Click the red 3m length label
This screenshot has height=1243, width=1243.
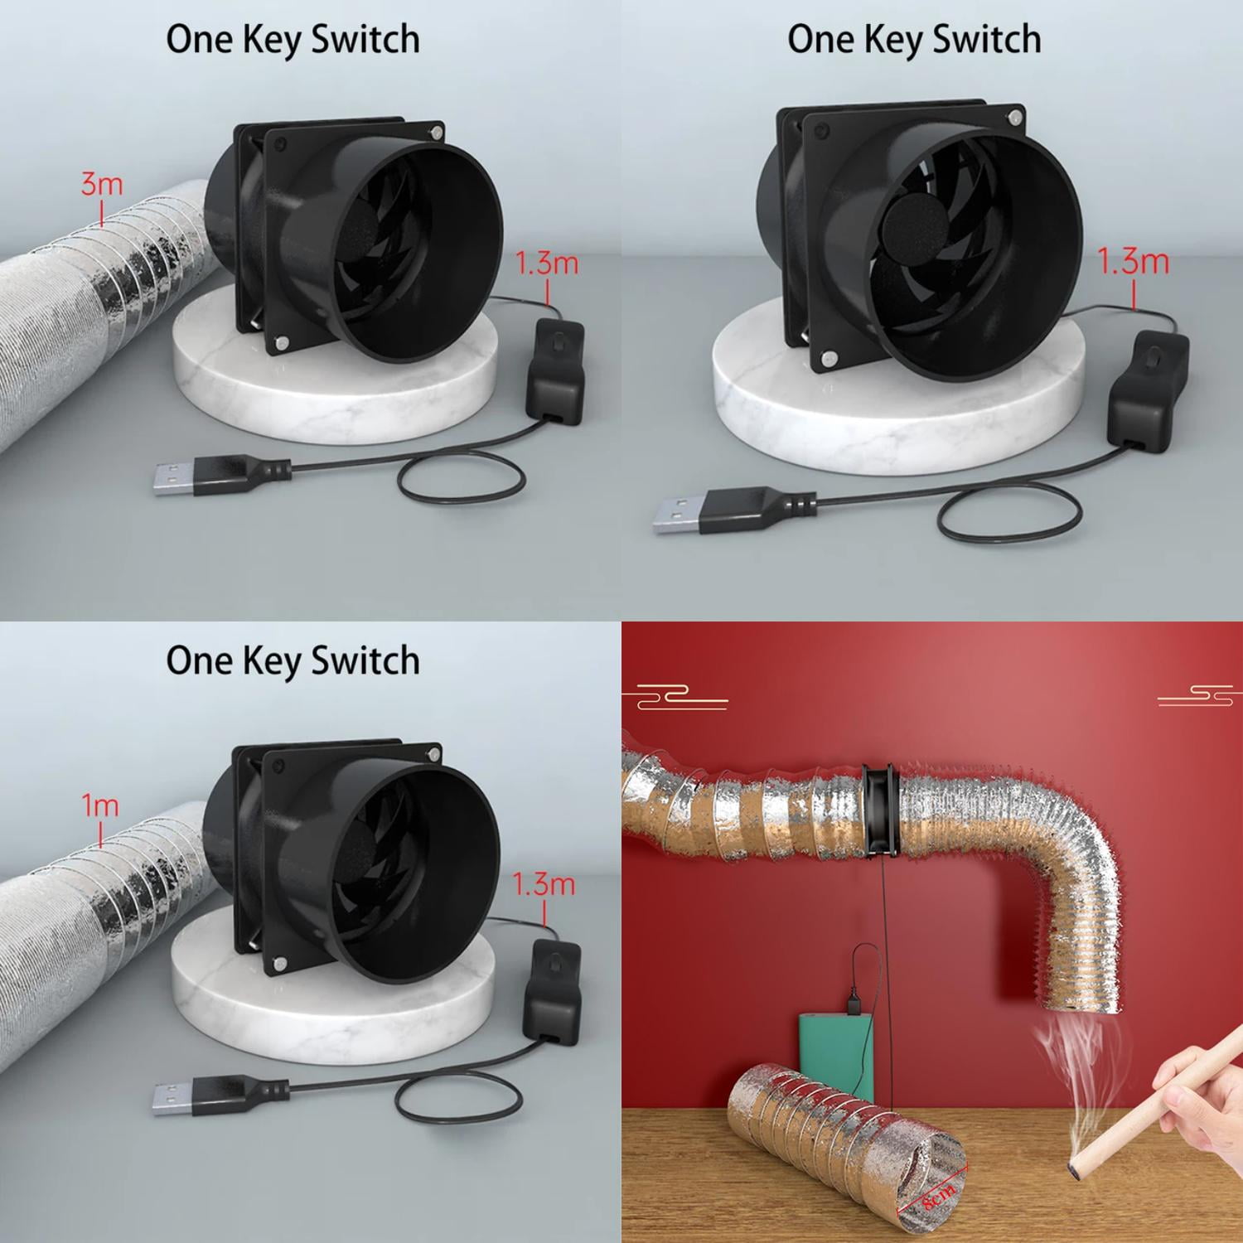coord(101,184)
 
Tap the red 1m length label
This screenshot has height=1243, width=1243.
coord(99,805)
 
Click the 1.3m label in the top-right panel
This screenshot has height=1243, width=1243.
coord(1133,262)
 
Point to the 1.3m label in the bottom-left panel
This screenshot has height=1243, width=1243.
coord(544,883)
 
